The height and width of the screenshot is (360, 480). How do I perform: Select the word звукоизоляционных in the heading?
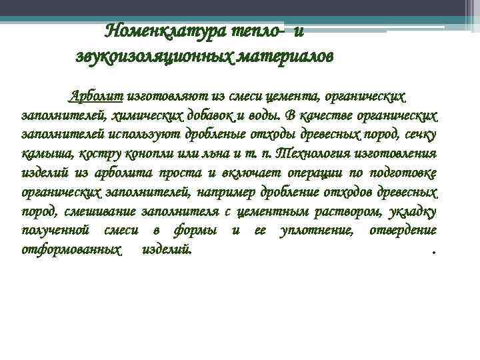click(x=153, y=56)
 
